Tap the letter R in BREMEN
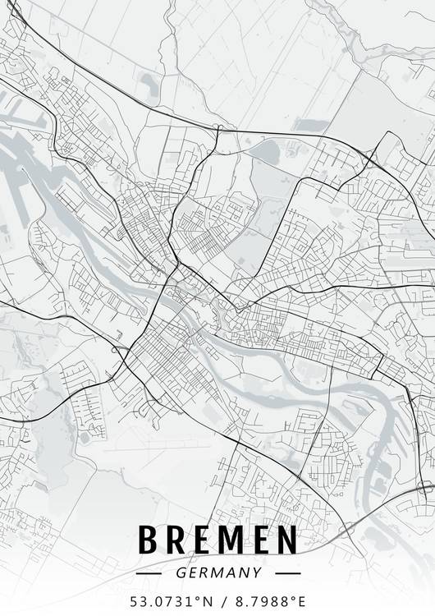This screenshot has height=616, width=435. pyautogui.click(x=176, y=540)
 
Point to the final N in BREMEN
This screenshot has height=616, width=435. pyautogui.click(x=286, y=540)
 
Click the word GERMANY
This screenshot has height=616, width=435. pyautogui.click(x=217, y=572)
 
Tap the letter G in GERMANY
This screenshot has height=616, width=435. pyautogui.click(x=180, y=572)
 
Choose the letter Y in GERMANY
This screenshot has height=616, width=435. pyautogui.click(x=257, y=572)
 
